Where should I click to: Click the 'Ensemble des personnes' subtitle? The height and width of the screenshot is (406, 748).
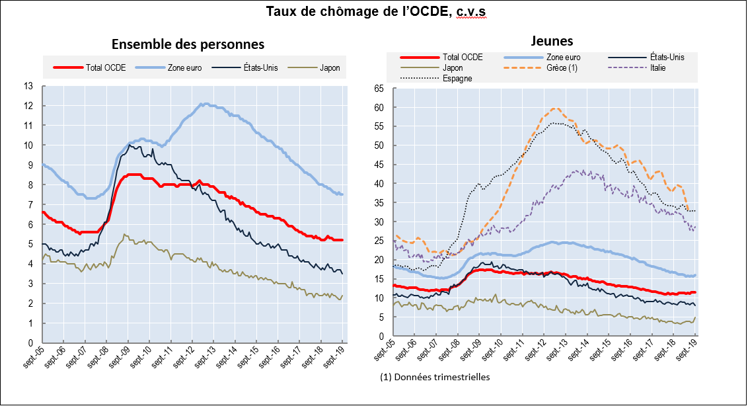coord(188,44)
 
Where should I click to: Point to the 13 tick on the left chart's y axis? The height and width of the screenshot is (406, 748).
coord(28,86)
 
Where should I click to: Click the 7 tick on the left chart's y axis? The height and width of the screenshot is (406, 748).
coord(30,205)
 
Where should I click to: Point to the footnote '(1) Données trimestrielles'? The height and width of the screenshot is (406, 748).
coord(435,378)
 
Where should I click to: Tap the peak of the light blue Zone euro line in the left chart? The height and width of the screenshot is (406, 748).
coord(205,104)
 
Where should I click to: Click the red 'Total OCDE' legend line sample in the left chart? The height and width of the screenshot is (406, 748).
coord(67,67)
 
